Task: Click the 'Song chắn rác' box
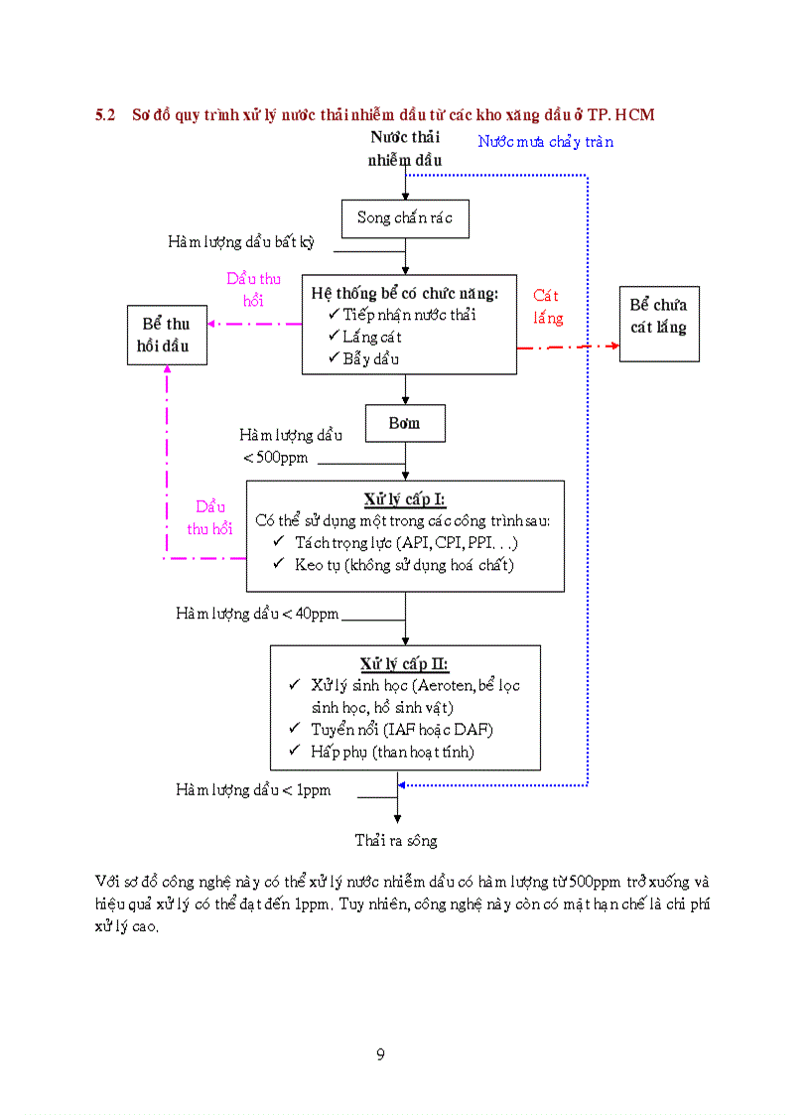pos(405,218)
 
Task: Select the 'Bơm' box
pos(405,423)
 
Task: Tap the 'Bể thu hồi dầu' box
pos(166,336)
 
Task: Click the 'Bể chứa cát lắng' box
pos(658,316)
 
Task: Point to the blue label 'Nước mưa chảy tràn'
pos(545,142)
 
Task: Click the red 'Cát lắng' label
pos(547,307)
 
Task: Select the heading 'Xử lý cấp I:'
pos(404,499)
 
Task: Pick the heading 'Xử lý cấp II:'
pos(404,663)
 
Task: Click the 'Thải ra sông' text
pos(396,841)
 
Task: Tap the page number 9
pos(380,1054)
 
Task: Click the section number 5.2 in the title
pos(105,115)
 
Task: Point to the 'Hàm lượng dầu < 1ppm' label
pos(253,790)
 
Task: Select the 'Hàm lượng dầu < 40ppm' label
pos(257,614)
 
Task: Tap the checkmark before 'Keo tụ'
pos(279,564)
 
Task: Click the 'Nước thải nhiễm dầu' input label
pos(405,149)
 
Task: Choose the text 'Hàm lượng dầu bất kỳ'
pos(240,242)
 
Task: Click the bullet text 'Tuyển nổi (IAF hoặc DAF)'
pos(402,730)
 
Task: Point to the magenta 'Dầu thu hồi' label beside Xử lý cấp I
pos(209,517)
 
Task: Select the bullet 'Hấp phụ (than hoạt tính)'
pos(392,752)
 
